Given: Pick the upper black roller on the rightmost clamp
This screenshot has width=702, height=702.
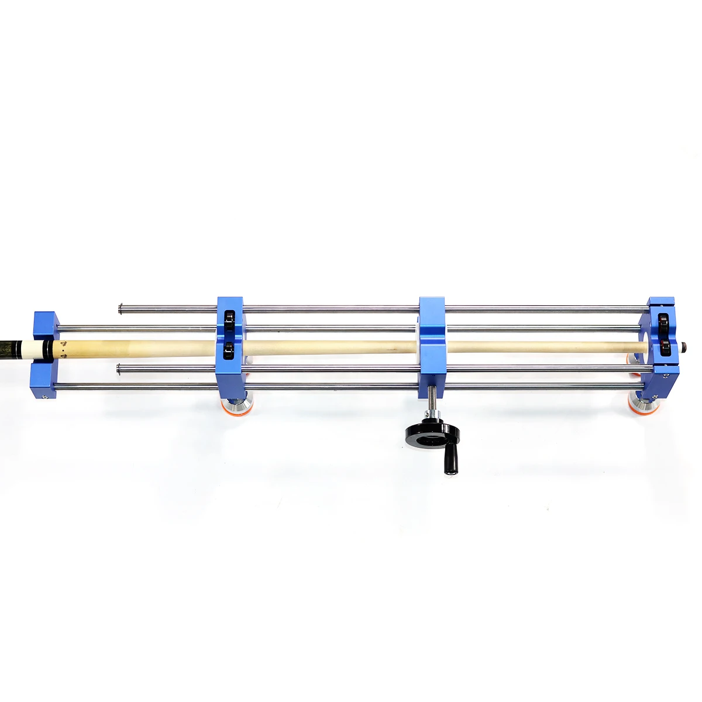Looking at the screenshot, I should [x=664, y=322].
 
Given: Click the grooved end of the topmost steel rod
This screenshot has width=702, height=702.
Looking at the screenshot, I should [x=121, y=308].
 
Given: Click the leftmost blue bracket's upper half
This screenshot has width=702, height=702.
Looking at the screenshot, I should [x=44, y=325].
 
